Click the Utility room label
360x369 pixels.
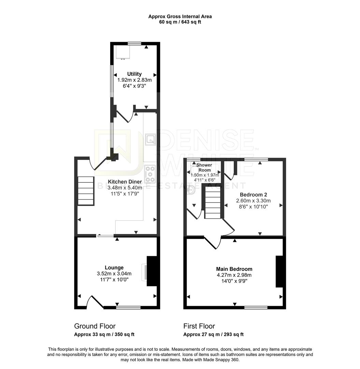tap(134, 74)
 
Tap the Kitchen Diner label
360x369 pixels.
tap(123, 182)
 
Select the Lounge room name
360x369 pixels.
tap(114, 268)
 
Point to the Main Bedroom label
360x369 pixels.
tap(234, 269)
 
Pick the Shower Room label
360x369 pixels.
tap(204, 167)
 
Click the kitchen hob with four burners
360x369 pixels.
tap(150, 174)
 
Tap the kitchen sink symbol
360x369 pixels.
tap(150, 139)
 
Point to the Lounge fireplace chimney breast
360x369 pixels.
tap(152, 271)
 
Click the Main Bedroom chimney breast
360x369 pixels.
tap(279, 271)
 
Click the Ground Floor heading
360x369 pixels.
tap(95, 326)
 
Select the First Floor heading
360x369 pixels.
tap(199, 326)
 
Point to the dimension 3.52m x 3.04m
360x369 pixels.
tap(114, 273)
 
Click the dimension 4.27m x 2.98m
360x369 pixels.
tap(234, 275)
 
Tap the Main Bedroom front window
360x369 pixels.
tap(256, 307)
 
